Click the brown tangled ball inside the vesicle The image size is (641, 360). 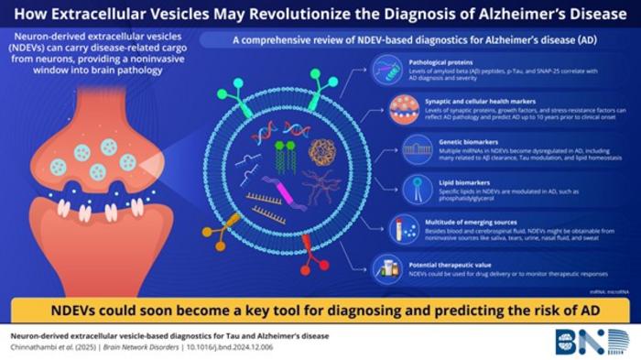(x=325, y=151)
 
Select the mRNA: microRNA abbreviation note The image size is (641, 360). (x=603, y=288)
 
